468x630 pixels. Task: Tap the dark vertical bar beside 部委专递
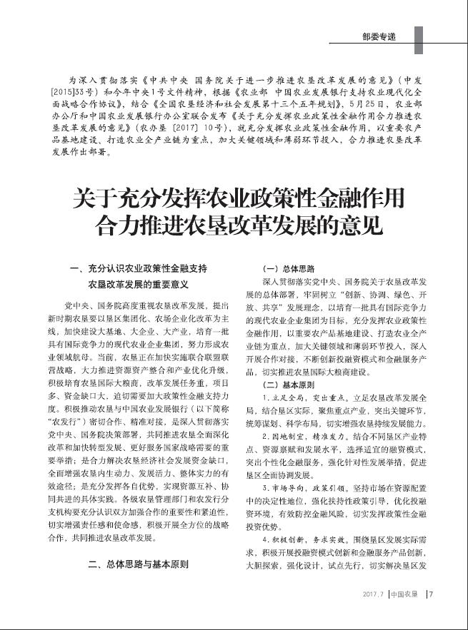tap(419, 36)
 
